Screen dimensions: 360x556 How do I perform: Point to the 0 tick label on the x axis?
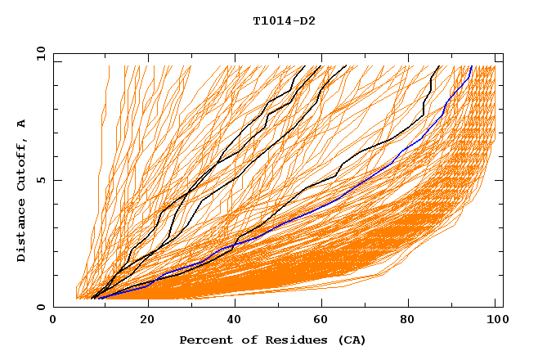click(x=53, y=321)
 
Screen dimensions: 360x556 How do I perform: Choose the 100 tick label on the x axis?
click(x=495, y=321)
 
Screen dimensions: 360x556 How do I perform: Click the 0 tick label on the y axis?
click(x=41, y=307)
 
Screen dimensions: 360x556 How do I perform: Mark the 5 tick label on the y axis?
click(x=41, y=180)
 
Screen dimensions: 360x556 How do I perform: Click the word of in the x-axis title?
click(x=241, y=340)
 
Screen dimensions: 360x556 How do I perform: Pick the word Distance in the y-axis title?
click(x=22, y=231)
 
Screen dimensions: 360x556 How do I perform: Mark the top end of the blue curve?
click(x=472, y=65)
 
